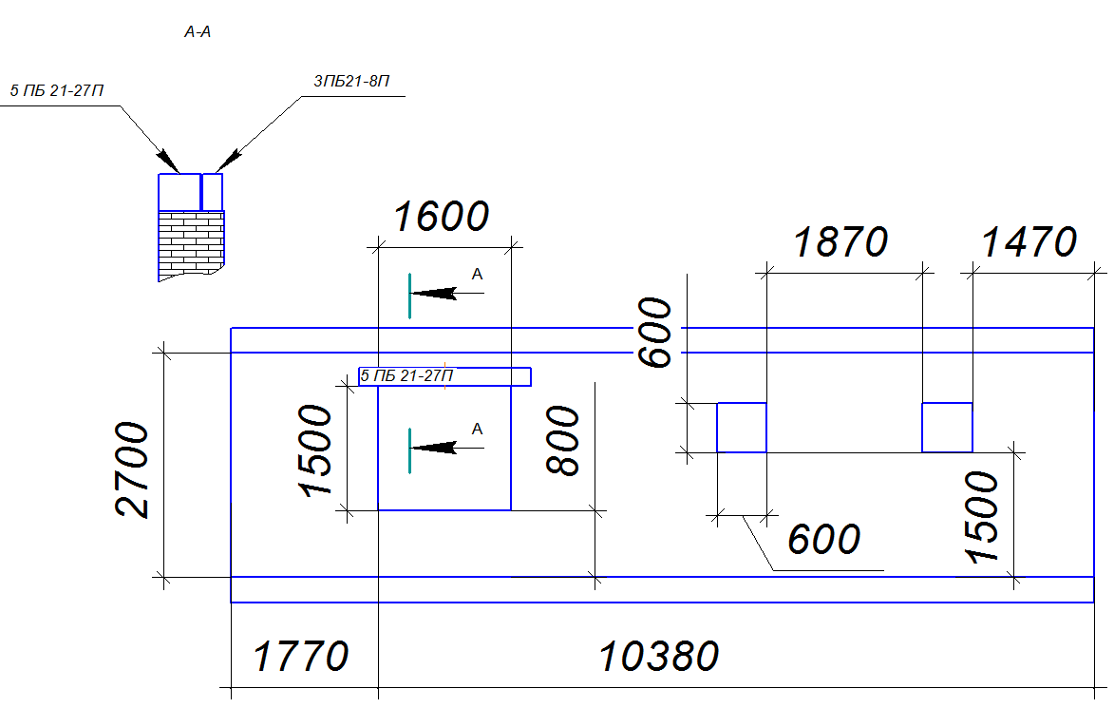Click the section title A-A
[x=198, y=32]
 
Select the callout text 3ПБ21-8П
[x=351, y=82]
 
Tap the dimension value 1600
[x=442, y=217]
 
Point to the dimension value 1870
[x=840, y=242]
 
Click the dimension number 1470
[x=1029, y=242]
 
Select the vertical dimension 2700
[x=133, y=469]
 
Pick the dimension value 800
[x=563, y=440]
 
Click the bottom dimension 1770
[x=300, y=656]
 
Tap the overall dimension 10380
[x=659, y=656]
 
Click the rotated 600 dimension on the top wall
[x=655, y=333]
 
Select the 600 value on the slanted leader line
[x=824, y=540]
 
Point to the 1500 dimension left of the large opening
[x=315, y=450]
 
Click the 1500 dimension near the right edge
[x=983, y=517]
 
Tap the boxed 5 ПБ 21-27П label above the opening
[x=444, y=376]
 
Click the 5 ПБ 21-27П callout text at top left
[x=57, y=91]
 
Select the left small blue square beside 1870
[x=742, y=428]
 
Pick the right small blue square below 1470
[x=947, y=428]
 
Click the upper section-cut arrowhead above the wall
[x=433, y=293]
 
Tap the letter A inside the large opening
[x=478, y=429]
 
